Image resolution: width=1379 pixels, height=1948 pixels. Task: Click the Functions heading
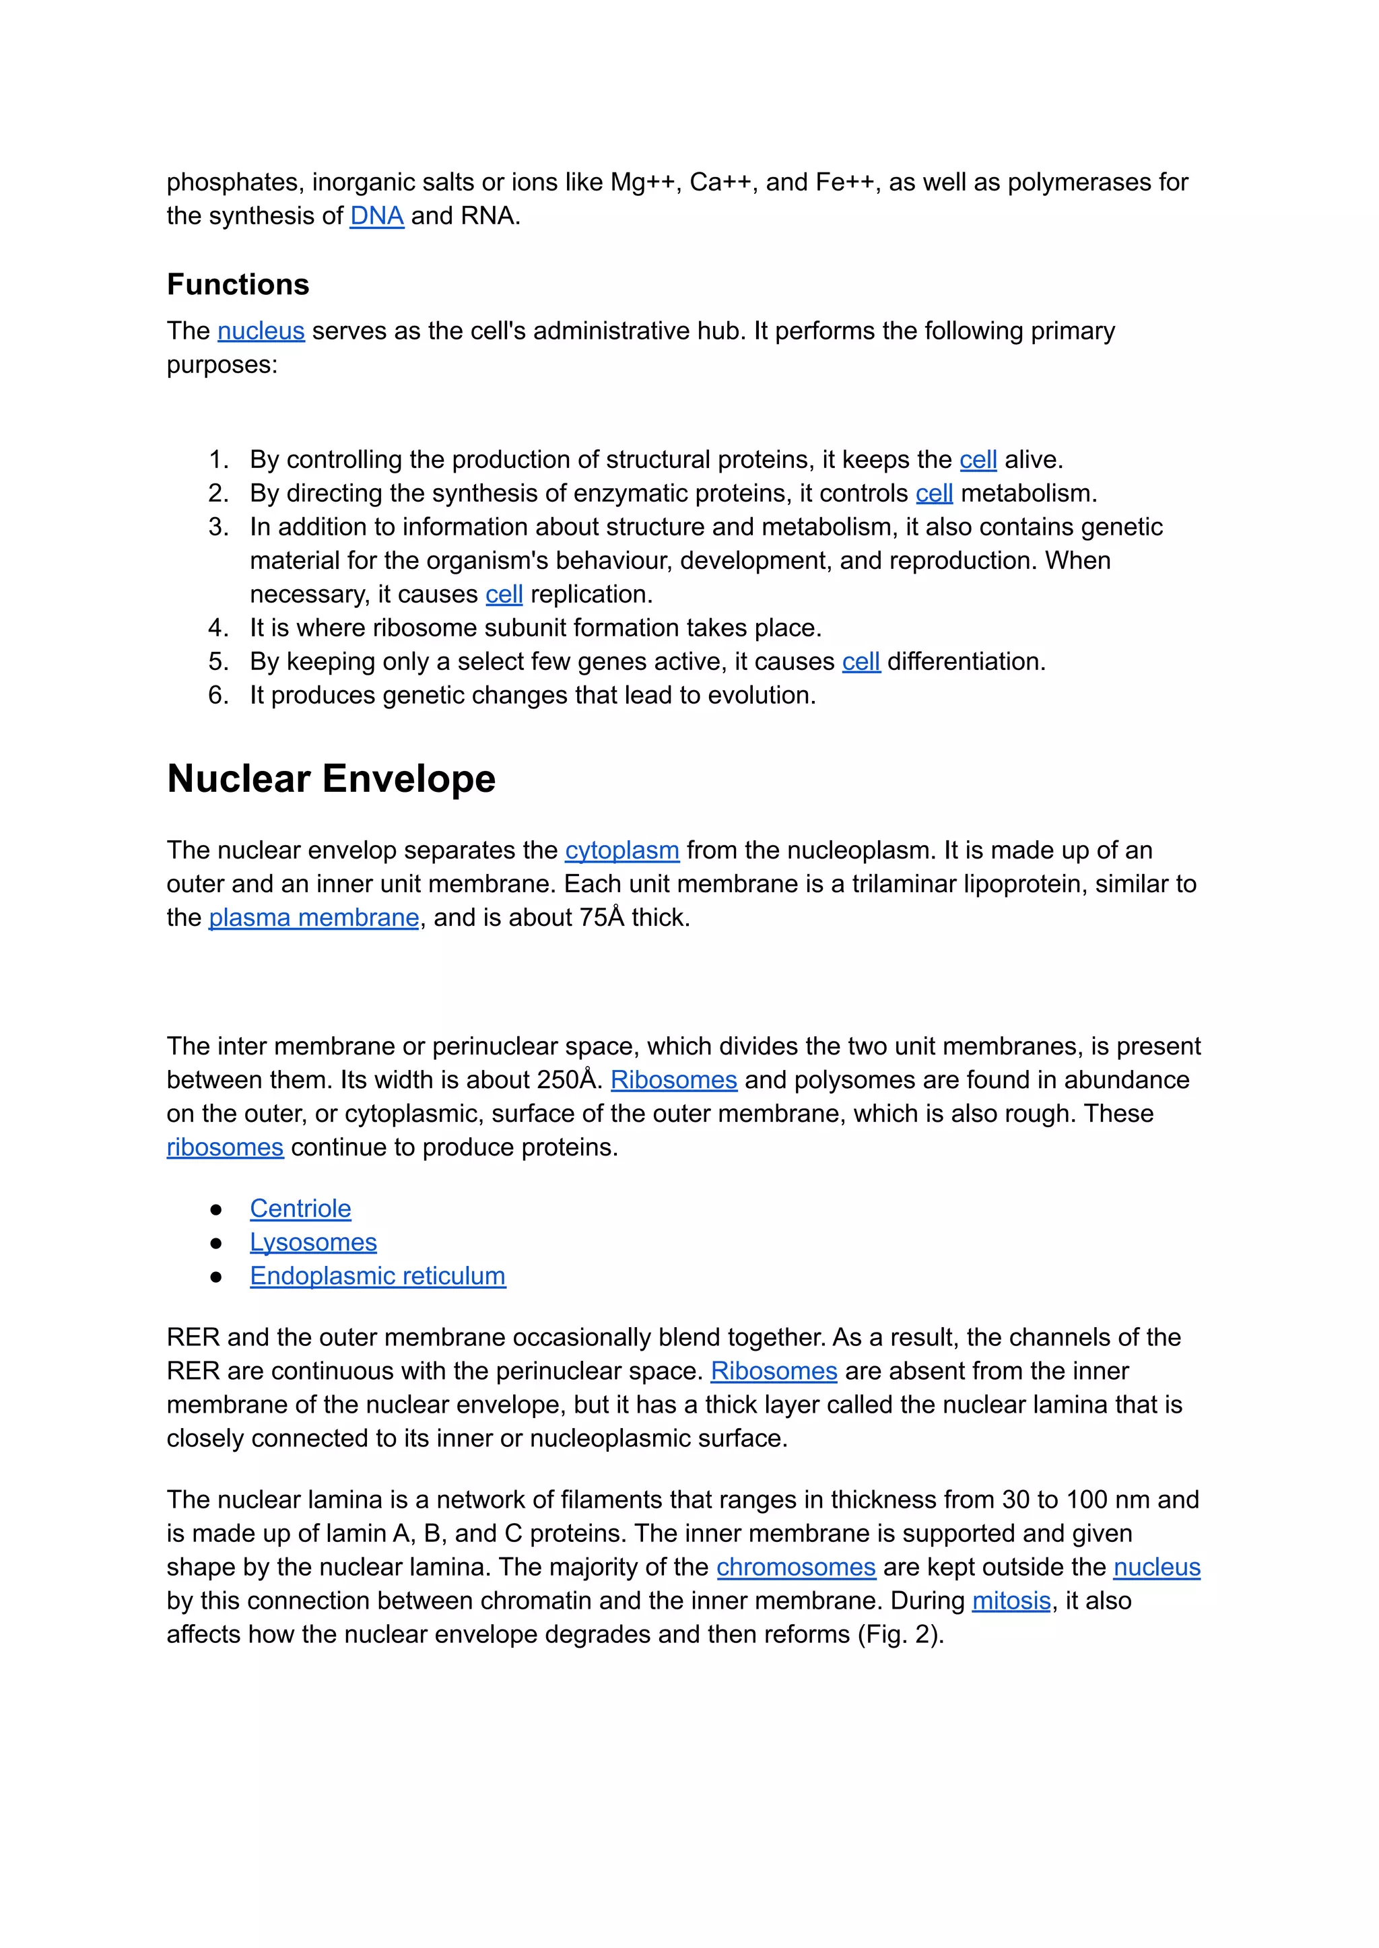coord(238,284)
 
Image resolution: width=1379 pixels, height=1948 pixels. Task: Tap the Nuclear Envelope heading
coord(331,778)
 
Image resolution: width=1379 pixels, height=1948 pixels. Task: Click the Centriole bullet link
coord(300,1209)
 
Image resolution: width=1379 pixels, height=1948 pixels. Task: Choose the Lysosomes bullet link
coord(312,1242)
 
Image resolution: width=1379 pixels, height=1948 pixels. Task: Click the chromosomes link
coord(796,1567)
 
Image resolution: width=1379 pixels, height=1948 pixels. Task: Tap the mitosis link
coord(1011,1601)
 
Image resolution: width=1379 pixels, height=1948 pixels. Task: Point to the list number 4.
coord(217,628)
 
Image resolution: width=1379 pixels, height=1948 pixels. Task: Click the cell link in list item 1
coord(978,461)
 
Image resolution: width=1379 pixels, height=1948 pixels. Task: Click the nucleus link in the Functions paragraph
coord(261,331)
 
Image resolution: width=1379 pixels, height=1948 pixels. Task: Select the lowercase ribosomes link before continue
coord(224,1147)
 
